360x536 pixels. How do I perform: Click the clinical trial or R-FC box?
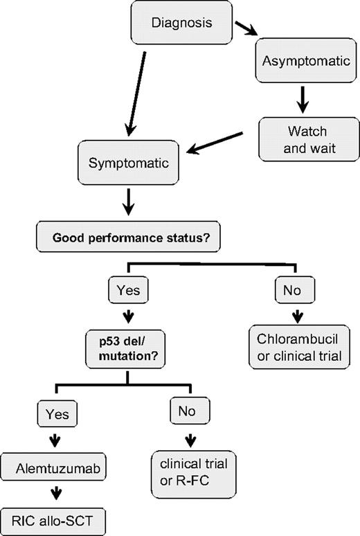[190, 472]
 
